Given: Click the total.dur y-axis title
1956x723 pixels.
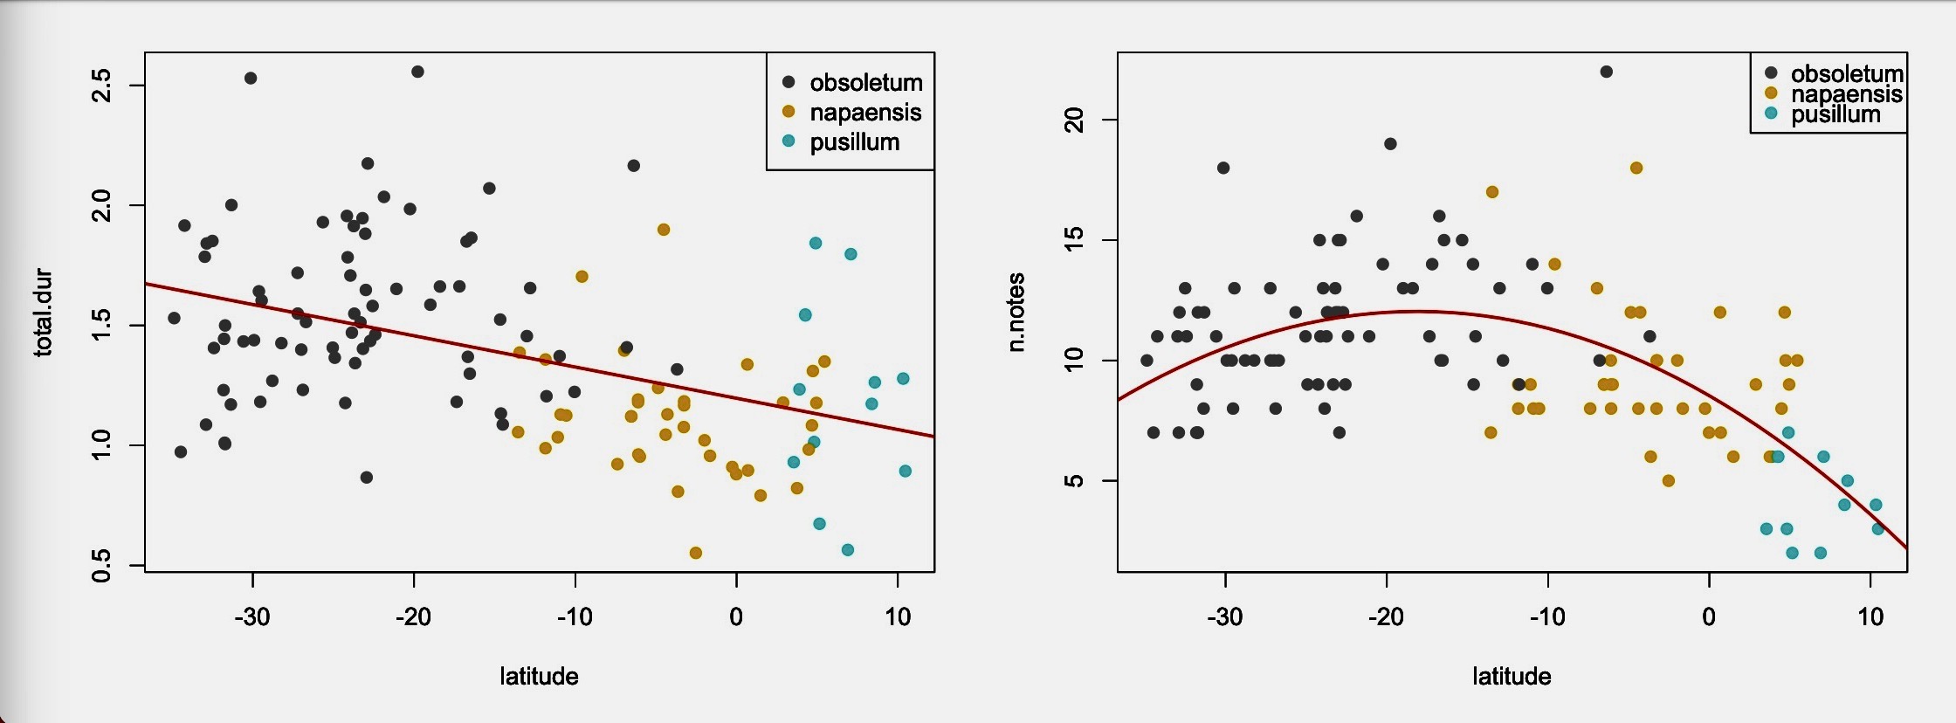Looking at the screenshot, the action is tap(44, 313).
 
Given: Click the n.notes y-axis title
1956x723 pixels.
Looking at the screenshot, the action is tap(1016, 313).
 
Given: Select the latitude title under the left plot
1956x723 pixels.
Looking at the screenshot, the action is tap(539, 676).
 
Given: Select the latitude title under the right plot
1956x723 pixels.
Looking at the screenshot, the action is tap(1512, 676).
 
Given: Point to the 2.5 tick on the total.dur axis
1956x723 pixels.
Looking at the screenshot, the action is tap(102, 86).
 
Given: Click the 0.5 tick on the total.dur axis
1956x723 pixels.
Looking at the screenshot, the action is tap(102, 566).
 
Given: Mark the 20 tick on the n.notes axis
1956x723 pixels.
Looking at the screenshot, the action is tap(1075, 120).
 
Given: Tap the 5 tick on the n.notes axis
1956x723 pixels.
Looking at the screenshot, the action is tap(1075, 481).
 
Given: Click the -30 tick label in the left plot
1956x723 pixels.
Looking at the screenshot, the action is tap(252, 616).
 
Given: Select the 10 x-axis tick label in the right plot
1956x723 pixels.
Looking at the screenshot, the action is tap(1870, 616).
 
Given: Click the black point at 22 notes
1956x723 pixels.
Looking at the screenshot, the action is tap(1607, 72).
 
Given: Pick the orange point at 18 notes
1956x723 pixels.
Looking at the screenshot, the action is tap(1636, 168).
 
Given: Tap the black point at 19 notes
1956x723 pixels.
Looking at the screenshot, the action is tap(1391, 144).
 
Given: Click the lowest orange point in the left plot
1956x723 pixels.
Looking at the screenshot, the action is tap(696, 553).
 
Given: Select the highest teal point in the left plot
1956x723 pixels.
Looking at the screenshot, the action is tap(816, 243).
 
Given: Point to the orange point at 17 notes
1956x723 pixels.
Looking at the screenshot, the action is tap(1492, 192).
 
